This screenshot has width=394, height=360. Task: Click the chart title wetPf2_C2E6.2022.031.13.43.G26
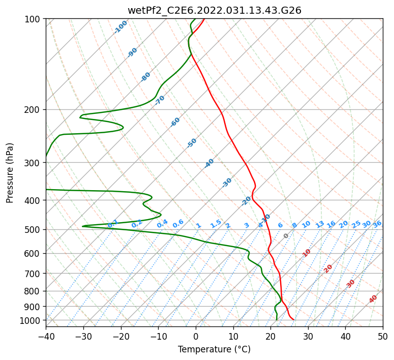click(x=214, y=10)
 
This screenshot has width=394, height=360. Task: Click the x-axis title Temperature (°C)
click(x=214, y=349)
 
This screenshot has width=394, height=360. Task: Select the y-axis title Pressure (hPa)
click(x=10, y=172)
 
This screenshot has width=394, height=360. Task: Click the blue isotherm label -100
click(x=121, y=27)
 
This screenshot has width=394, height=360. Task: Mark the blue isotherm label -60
click(x=175, y=122)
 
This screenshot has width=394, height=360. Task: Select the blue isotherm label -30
click(x=227, y=183)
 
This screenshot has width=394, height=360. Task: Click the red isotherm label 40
click(x=373, y=299)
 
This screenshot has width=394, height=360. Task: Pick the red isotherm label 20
click(x=328, y=268)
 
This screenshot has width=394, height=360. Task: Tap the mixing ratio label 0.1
click(x=113, y=224)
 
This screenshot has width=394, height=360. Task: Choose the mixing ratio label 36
click(x=377, y=224)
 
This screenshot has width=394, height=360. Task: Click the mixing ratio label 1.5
click(x=216, y=224)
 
